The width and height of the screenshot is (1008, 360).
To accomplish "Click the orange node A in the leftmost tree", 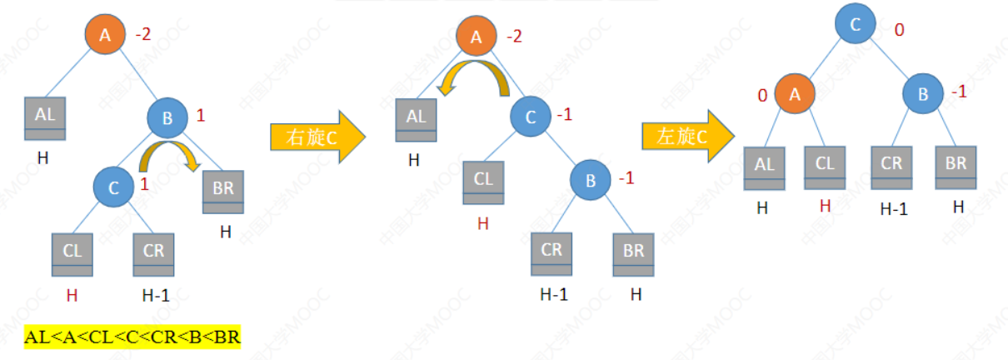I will (105, 35).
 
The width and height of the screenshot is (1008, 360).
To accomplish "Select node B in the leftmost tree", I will (167, 119).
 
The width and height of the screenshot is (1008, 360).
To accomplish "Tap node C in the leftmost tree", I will (114, 186).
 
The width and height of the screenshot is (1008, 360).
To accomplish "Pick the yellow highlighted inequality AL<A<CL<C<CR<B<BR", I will (132, 337).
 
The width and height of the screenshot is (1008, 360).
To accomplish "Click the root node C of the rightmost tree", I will (856, 27).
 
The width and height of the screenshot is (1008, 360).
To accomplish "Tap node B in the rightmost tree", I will (923, 93).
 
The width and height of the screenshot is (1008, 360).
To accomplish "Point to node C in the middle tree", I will (531, 117).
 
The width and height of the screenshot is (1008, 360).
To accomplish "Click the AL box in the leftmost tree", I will (45, 120).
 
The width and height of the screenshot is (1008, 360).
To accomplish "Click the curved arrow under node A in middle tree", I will (475, 77).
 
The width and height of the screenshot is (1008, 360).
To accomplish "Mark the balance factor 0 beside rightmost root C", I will (899, 30).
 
